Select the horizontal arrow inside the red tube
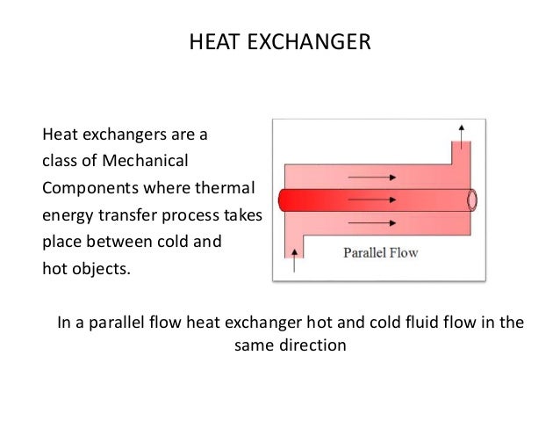375,199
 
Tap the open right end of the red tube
471,200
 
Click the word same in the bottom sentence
253,345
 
